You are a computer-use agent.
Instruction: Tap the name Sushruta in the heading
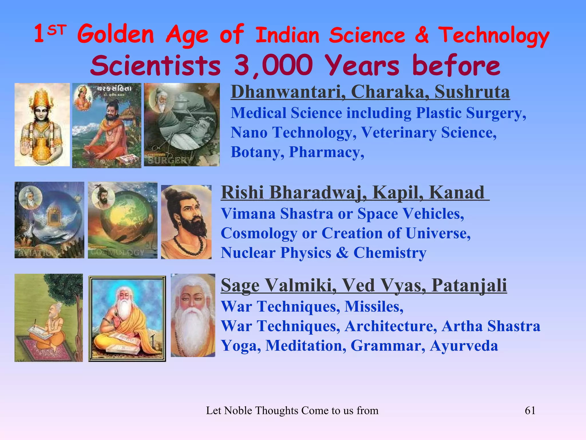(x=472, y=92)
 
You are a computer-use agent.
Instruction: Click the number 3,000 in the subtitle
(x=273, y=65)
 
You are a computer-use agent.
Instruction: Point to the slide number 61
(x=530, y=410)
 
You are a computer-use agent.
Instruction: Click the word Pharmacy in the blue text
(x=326, y=152)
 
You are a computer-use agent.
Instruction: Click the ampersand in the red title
(x=421, y=35)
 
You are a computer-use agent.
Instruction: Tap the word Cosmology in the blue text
(x=259, y=233)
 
